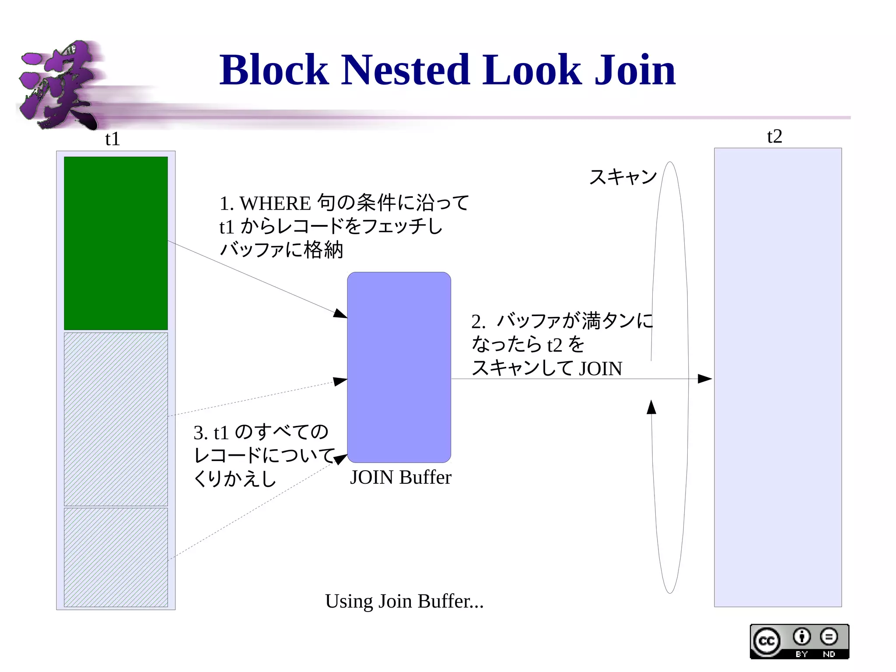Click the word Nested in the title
coord(405,70)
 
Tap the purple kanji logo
coord(59,85)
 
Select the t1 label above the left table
coord(112,139)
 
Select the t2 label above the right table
coord(774,137)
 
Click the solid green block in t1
coord(116,243)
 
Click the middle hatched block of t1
coord(116,419)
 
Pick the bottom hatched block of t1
coord(116,557)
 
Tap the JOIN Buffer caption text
coord(400,477)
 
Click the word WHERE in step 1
coord(275,204)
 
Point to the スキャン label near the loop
coord(623,177)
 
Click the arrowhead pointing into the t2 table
coord(704,379)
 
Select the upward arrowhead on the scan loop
coord(651,407)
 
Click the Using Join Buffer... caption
coord(404,601)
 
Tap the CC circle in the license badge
coord(766,641)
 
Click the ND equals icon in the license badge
coord(829,637)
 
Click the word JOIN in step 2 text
coord(600,369)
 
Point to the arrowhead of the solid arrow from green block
coord(340,313)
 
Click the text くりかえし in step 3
coord(235,478)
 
